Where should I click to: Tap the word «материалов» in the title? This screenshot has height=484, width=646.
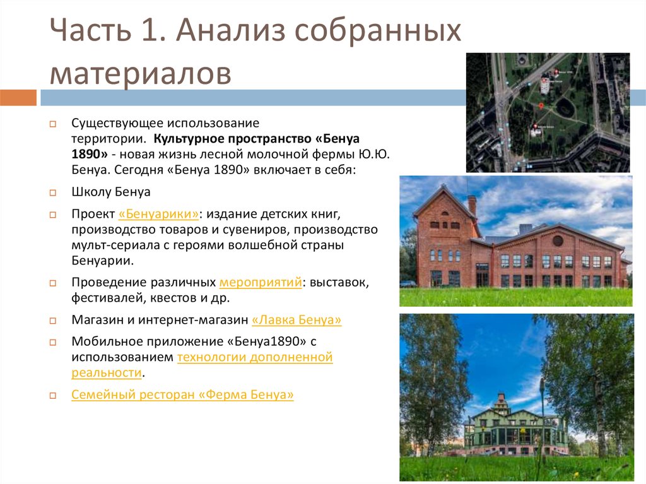pyautogui.click(x=140, y=73)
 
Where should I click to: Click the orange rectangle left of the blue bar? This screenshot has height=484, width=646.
pyautogui.click(x=18, y=98)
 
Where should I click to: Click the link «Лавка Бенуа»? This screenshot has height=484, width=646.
pyautogui.click(x=297, y=321)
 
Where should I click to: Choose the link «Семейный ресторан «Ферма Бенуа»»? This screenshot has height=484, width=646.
pyautogui.click(x=182, y=395)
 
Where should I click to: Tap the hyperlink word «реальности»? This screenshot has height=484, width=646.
pyautogui.click(x=105, y=372)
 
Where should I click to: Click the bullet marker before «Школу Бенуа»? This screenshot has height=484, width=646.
pyautogui.click(x=54, y=192)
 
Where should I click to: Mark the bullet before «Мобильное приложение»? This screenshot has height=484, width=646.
pyautogui.click(x=54, y=341)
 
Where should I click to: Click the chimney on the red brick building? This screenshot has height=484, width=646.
pyautogui.click(x=472, y=206)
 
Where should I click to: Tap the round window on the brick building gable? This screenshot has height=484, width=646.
pyautogui.click(x=558, y=240)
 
